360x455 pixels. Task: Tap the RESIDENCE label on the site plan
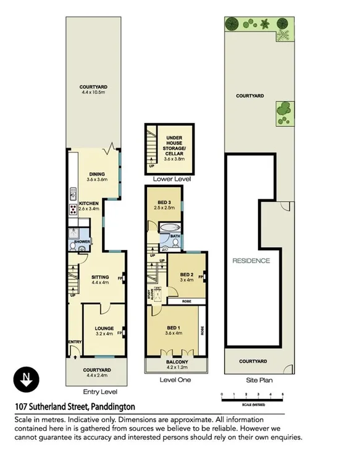click(251, 261)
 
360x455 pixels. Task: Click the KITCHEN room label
click(88, 203)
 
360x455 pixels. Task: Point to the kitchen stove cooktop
click(73, 208)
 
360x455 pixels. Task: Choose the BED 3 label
click(164, 202)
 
